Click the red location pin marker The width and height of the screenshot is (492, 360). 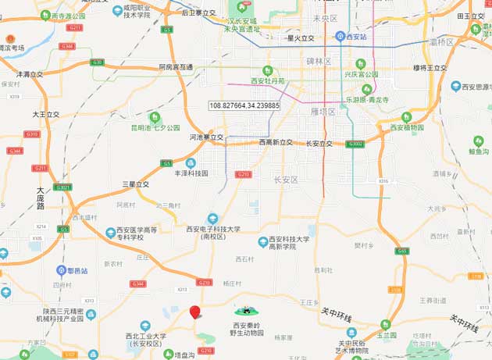[x=195, y=312]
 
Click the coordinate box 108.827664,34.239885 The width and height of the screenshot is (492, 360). [x=244, y=105]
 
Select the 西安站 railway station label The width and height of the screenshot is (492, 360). [x=356, y=36]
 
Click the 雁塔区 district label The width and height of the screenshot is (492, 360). [x=322, y=112]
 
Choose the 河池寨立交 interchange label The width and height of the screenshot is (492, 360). [x=206, y=137]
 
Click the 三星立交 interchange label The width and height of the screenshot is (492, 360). [x=136, y=184]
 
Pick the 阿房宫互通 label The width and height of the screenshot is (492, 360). [x=176, y=68]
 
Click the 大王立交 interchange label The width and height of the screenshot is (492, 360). [x=45, y=114]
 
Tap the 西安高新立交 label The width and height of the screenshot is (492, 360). [x=276, y=142]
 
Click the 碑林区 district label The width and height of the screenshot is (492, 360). [x=319, y=61]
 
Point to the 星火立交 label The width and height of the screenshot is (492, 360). [x=301, y=37]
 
